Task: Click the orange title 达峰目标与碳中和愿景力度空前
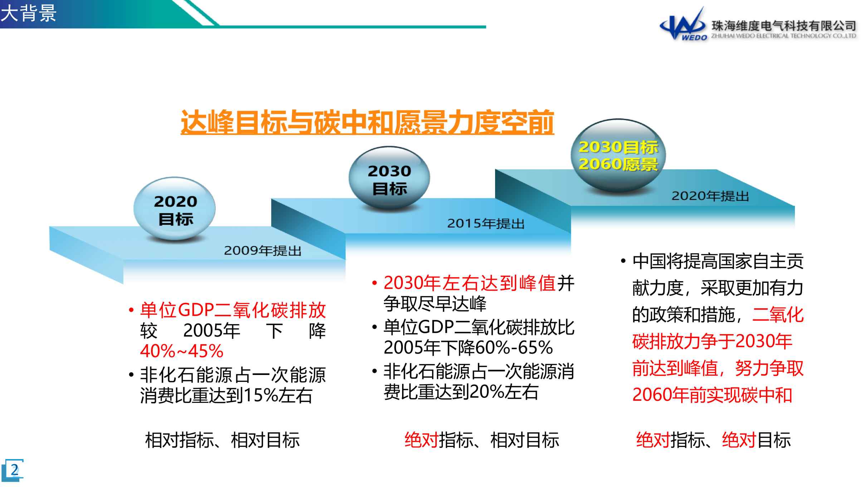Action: pos(367,122)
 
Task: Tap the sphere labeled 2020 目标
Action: pos(175,208)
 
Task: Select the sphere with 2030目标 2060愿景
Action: pos(618,155)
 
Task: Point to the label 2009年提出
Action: pos(263,251)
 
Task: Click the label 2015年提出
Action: pos(486,223)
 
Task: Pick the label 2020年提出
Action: pos(710,196)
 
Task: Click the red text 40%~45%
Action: pos(182,351)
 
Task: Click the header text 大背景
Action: pos(28,14)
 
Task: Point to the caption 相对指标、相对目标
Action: pos(222,440)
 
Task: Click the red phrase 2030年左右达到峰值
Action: pos(470,283)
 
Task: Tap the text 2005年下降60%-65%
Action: pos(468,347)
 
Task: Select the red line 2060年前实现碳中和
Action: pos(712,395)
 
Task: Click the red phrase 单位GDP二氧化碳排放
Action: pos(233,310)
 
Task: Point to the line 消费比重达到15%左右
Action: pos(226,396)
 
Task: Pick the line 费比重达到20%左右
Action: pos(461,392)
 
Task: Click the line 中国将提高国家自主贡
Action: pos(718,261)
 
